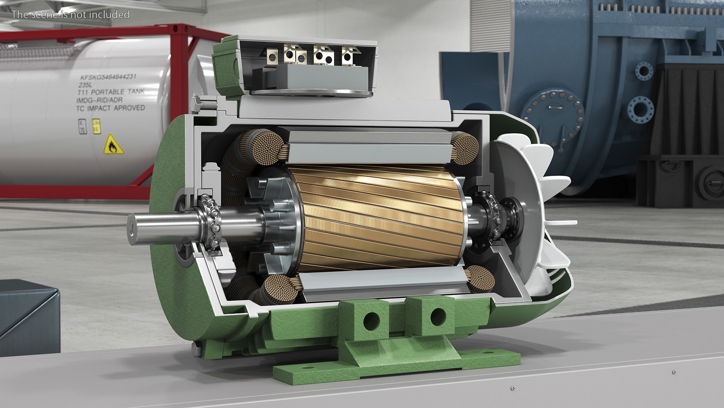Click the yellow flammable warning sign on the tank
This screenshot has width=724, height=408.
tap(113, 145)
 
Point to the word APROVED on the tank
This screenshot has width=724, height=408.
tap(129, 108)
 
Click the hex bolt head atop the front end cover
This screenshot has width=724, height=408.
tap(197, 104)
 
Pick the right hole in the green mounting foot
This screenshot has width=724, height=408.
tap(438, 317)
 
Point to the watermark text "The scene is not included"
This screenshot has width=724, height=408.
tap(71, 15)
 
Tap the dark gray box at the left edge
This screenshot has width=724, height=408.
tap(28, 317)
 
